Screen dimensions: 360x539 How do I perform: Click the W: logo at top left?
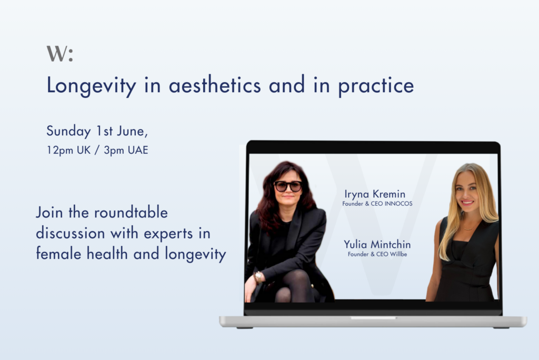[59, 54]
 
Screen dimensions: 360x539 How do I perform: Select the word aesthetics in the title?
[215, 85]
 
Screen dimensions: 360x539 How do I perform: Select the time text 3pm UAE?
[126, 150]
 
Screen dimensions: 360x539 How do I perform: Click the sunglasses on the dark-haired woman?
[288, 186]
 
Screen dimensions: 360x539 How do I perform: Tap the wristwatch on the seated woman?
[258, 276]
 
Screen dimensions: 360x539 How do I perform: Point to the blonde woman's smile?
[467, 202]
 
